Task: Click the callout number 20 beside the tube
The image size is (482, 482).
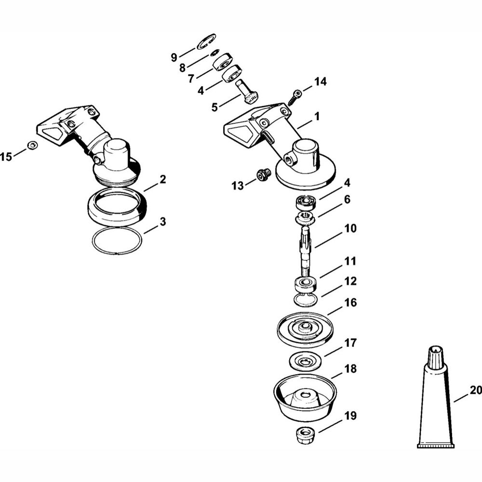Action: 476,390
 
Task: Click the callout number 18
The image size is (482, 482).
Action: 350,368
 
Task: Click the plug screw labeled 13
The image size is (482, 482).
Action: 263,175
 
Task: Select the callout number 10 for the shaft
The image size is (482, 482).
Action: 350,228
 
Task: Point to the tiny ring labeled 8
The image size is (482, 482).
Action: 214,54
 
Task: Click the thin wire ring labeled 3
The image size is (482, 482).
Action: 118,241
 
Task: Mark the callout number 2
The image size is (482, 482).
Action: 162,179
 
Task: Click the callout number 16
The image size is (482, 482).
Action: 350,303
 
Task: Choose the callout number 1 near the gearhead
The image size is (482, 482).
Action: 317,116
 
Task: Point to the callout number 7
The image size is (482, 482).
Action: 191,78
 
